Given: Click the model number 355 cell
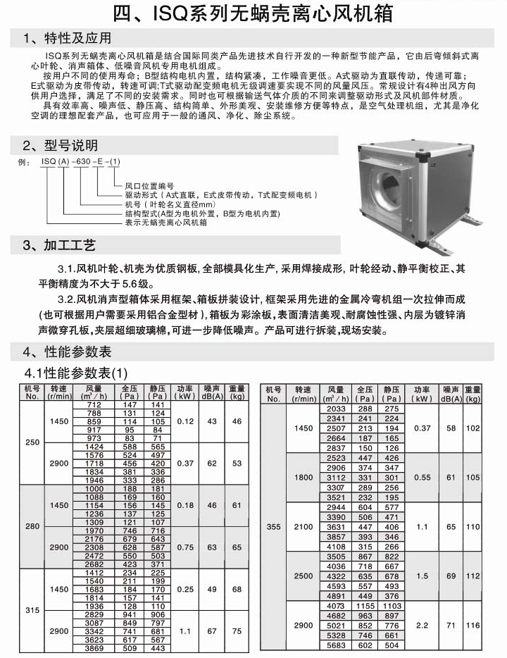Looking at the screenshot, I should click(273, 526).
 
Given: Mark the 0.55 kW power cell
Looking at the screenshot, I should click(422, 478).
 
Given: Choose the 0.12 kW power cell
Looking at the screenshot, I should click(184, 421).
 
